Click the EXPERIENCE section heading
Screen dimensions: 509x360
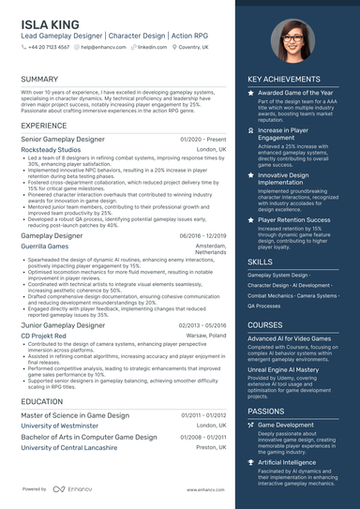pos(43,125)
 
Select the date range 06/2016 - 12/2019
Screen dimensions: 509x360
pos(202,236)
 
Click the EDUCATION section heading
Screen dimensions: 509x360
pos(42,400)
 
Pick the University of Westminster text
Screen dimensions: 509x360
pos(60,426)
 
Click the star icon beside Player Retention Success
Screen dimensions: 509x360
pos(250,219)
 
